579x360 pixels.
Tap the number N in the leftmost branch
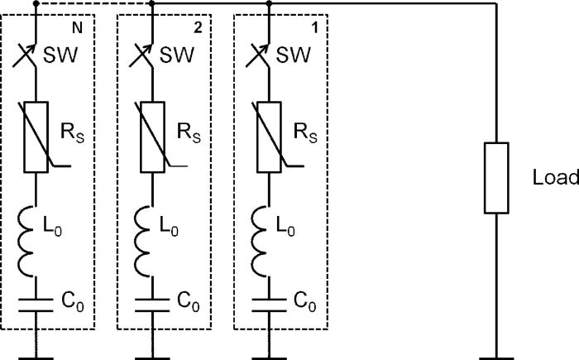77,27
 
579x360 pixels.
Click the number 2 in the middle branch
196,27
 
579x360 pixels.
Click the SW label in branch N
74,56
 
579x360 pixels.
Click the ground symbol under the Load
496,352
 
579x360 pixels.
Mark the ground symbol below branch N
36,352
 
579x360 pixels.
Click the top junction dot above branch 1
270,4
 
